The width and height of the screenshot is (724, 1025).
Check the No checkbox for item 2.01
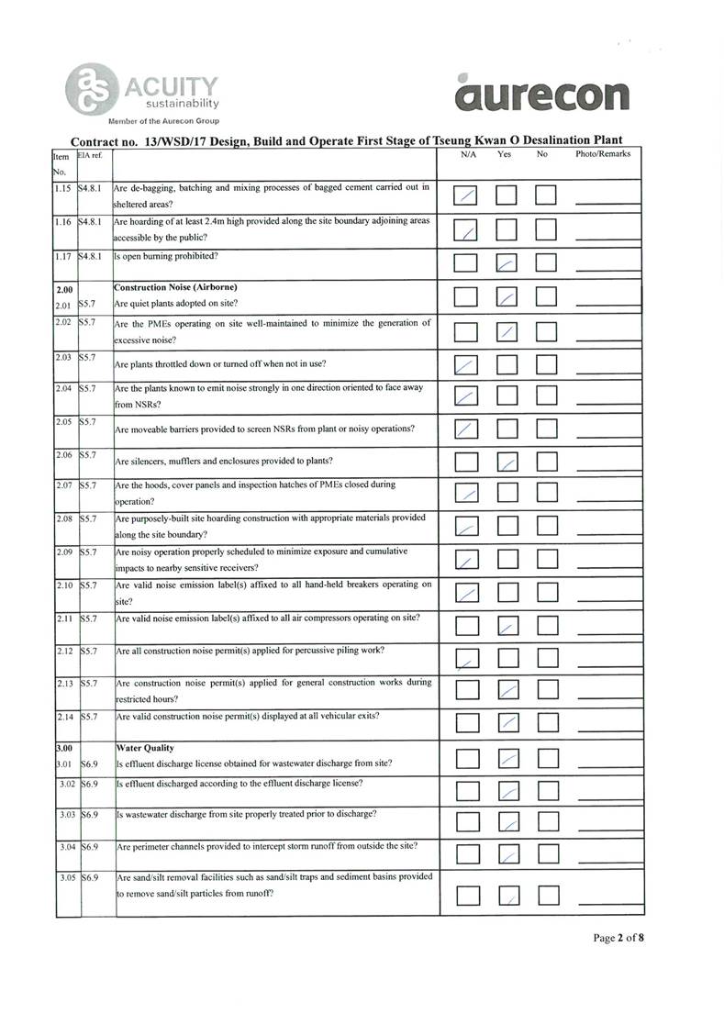(547, 297)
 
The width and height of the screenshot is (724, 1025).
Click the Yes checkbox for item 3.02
(507, 791)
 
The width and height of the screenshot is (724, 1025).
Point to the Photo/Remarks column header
(602, 154)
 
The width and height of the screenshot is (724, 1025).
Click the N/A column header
(468, 154)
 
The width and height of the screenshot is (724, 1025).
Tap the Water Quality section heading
(141, 748)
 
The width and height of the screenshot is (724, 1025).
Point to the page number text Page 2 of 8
(618, 938)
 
